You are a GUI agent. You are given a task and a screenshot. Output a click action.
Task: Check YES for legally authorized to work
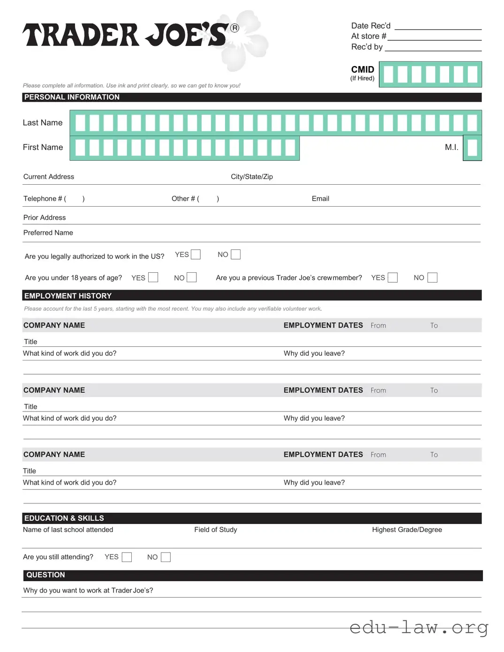[196, 255]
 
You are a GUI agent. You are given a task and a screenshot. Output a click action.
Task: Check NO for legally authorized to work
[236, 255]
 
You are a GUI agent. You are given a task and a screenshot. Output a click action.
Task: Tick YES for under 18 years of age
[153, 277]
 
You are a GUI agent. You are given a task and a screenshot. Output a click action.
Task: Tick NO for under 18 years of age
[192, 277]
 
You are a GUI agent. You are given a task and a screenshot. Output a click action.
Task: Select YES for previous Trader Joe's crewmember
[393, 277]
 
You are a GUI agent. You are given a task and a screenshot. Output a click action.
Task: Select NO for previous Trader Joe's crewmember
[433, 277]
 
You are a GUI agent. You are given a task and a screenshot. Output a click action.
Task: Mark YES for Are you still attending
[127, 557]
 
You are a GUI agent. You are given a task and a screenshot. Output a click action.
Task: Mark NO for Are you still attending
[165, 557]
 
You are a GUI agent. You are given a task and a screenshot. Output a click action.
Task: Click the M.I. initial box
[473, 148]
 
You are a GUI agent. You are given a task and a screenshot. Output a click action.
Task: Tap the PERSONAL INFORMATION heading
[72, 97]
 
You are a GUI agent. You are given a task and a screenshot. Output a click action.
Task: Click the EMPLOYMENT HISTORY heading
[68, 296]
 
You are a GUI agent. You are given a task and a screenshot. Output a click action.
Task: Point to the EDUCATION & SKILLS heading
[64, 518]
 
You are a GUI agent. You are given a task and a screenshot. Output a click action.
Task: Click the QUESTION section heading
[45, 575]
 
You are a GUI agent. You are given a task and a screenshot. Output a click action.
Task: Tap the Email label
[320, 199]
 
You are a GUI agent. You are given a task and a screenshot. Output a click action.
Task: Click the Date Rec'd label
[370, 26]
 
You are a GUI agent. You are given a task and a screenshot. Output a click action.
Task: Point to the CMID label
[362, 69]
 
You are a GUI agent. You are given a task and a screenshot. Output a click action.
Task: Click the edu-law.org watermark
[419, 627]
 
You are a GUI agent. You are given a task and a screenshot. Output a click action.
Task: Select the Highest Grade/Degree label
[407, 530]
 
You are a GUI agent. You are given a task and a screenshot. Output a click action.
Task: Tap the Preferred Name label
[48, 232]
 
